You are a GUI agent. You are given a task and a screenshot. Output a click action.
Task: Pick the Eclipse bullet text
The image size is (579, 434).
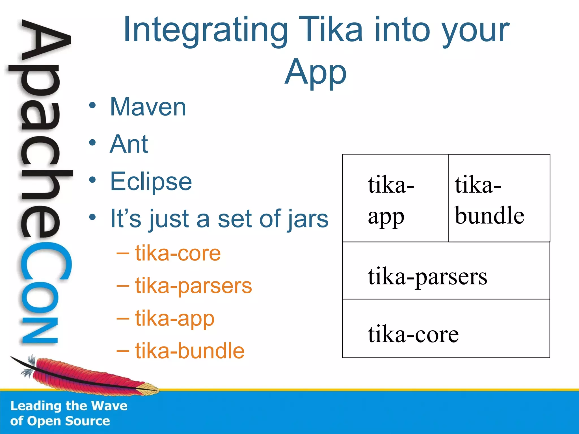point(151,181)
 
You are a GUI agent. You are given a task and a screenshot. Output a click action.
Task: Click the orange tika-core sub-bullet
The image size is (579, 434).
point(178,253)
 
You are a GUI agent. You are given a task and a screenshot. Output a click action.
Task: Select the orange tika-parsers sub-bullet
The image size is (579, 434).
point(193,286)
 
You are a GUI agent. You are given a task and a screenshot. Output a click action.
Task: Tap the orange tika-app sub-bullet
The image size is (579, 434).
point(175,318)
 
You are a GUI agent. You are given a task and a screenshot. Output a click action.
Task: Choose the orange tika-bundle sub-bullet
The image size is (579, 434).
point(189,351)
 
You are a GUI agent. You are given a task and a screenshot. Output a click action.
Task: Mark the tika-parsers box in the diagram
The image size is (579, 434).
point(446,271)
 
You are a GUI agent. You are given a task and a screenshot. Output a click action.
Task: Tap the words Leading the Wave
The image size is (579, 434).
point(69,406)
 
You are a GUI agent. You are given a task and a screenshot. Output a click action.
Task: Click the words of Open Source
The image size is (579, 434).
point(60,421)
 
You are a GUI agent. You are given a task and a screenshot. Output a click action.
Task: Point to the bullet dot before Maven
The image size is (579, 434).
point(92,106)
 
